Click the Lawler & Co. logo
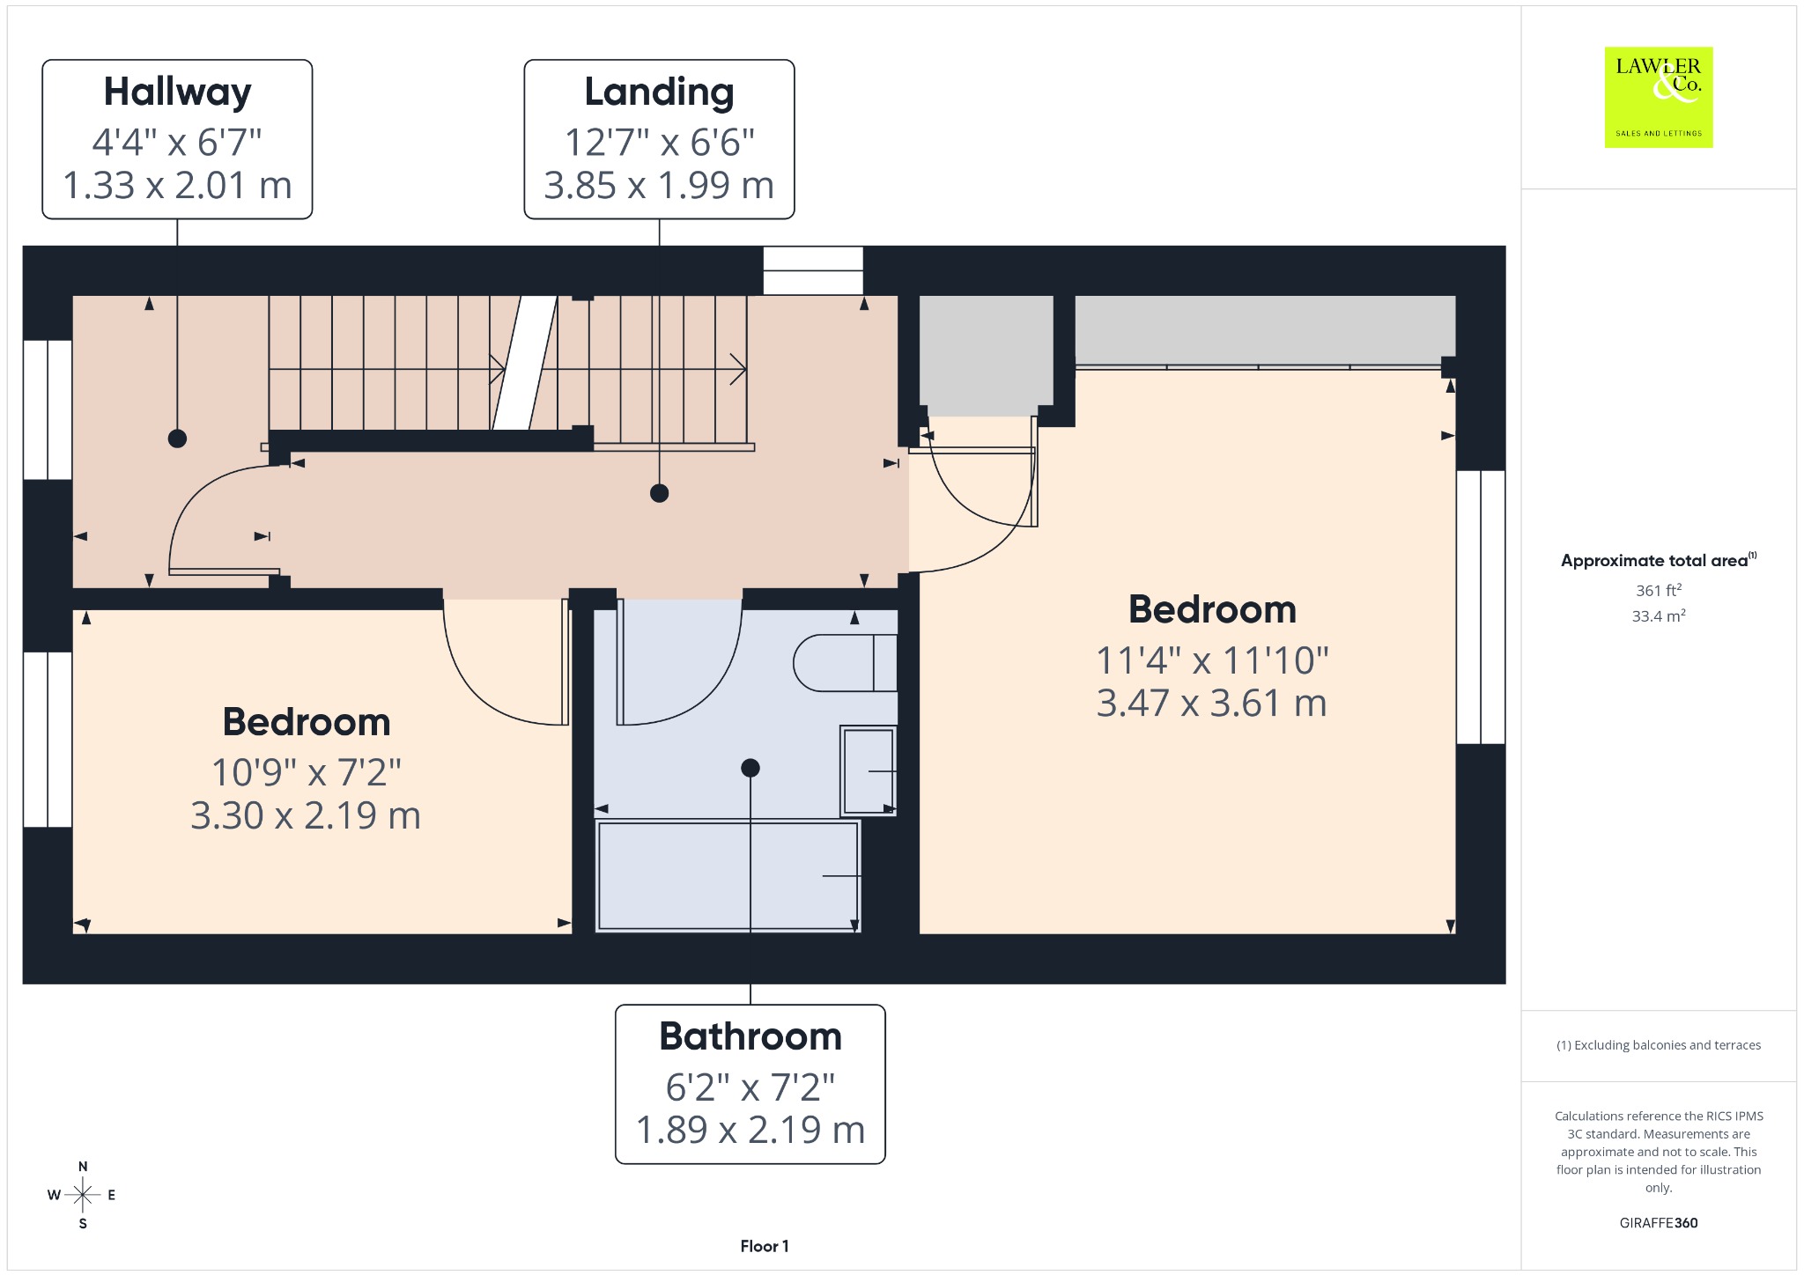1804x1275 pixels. [1659, 97]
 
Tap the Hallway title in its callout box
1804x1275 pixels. [178, 92]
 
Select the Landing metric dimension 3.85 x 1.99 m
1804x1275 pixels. [659, 185]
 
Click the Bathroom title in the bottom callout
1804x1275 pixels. [750, 1036]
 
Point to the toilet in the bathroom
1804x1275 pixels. [846, 662]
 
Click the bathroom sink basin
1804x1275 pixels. [869, 770]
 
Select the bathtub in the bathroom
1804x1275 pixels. [728, 875]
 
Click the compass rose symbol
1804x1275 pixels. [83, 1195]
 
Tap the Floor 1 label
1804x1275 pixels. [765, 1246]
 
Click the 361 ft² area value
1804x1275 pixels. [1659, 590]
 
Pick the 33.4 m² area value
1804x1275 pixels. [1659, 615]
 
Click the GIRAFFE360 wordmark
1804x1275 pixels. [1659, 1222]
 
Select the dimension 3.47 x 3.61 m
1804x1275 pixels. [1212, 704]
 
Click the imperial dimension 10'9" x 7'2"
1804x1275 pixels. [307, 772]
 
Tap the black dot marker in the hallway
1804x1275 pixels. [177, 439]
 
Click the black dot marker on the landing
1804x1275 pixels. [659, 493]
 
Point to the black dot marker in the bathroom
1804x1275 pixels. [750, 768]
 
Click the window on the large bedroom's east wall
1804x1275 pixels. [1481, 607]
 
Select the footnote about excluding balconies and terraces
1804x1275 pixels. [1659, 1045]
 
